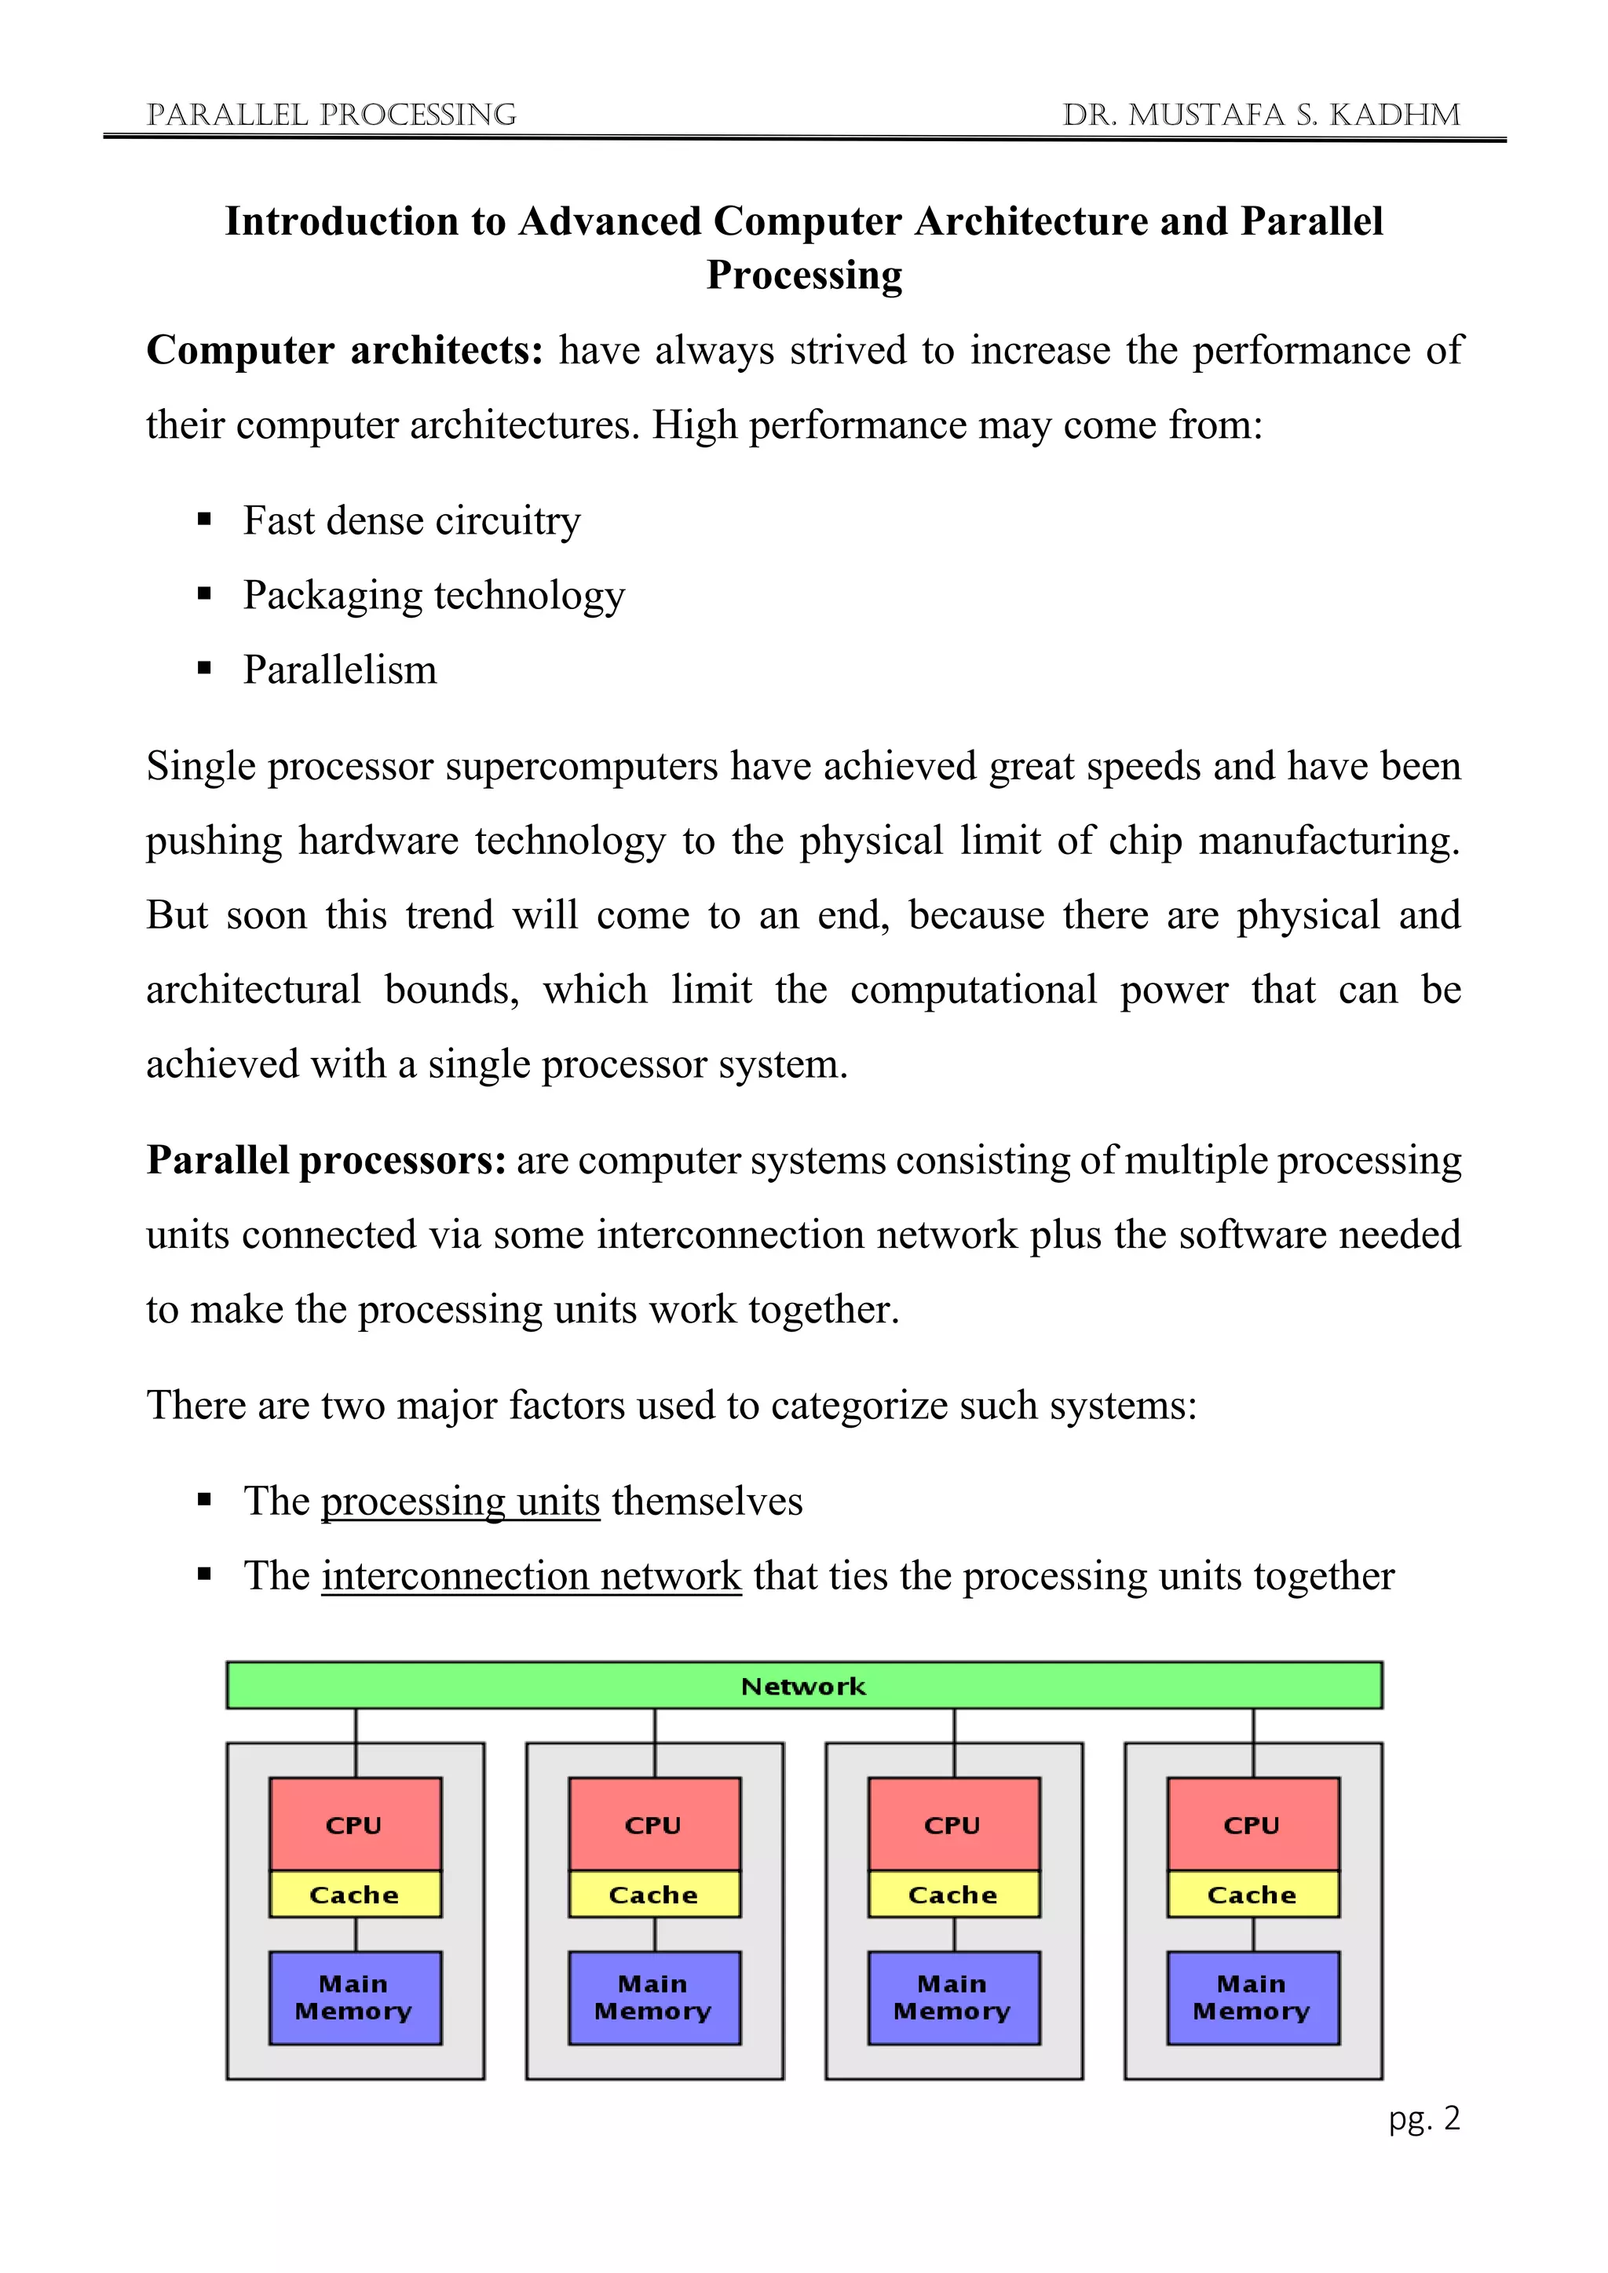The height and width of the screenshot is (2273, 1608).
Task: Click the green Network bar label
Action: pyautogui.click(x=803, y=1686)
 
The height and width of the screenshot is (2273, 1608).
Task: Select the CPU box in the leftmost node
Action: pyautogui.click(x=354, y=1825)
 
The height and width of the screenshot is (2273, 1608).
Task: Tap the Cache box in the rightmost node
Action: pyautogui.click(x=1252, y=1894)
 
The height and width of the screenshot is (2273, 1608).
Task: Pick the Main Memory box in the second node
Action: pyautogui.click(x=653, y=1997)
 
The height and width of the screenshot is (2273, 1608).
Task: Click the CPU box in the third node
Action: pyautogui.click(x=952, y=1825)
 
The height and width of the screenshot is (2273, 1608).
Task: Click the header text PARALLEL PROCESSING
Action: pyautogui.click(x=331, y=115)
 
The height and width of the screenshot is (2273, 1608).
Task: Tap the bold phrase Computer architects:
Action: pyautogui.click(x=345, y=351)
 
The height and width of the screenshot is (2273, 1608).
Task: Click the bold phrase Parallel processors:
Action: pyautogui.click(x=327, y=1160)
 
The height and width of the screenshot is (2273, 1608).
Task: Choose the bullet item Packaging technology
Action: pyautogui.click(x=433, y=595)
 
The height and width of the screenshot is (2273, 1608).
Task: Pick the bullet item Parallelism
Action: pyautogui.click(x=340, y=670)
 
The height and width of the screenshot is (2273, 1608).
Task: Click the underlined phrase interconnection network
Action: pyautogui.click(x=531, y=1576)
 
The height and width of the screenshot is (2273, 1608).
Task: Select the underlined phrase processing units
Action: pyautogui.click(x=460, y=1501)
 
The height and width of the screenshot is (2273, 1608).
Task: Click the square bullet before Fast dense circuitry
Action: pyautogui.click(x=205, y=520)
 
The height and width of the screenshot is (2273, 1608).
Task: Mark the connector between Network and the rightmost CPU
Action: pyautogui.click(x=1254, y=1742)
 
